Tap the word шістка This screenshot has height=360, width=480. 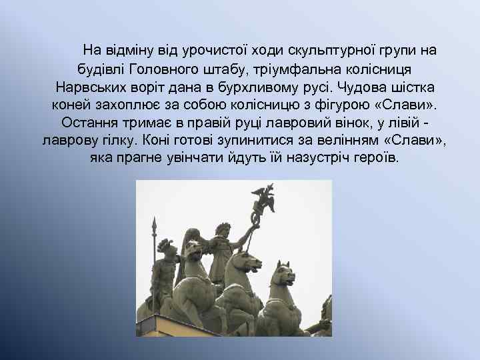(x=417, y=87)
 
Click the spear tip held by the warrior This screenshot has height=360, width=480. (x=154, y=223)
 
